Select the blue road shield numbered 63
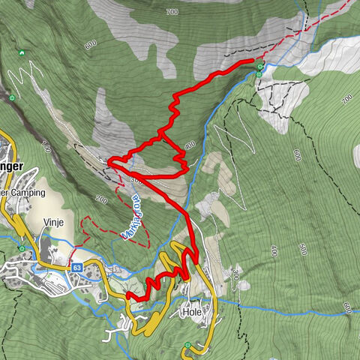point(77,266)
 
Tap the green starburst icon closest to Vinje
point(23,248)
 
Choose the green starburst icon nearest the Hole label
point(187,345)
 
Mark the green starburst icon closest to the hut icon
point(11,97)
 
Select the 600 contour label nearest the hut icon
point(91,45)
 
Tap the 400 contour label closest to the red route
point(189,145)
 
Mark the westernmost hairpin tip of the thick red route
point(109,160)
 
